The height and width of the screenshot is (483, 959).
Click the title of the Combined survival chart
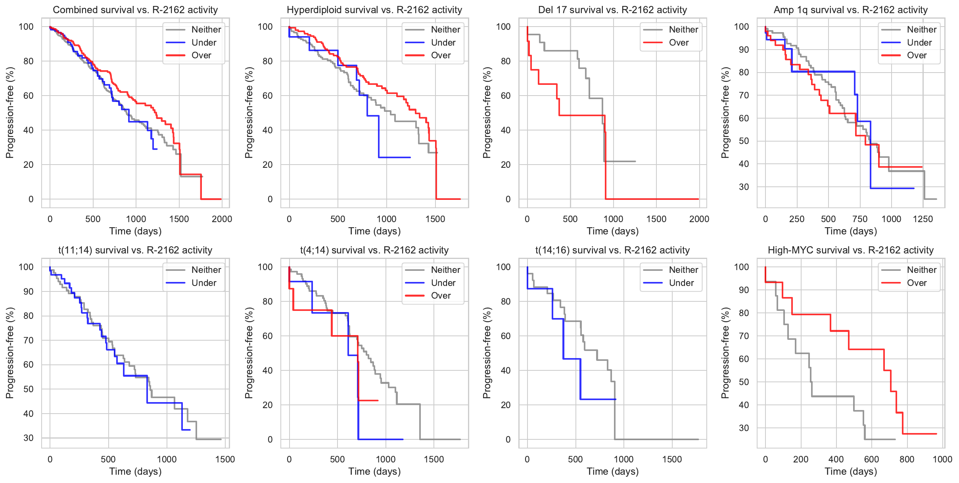point(135,10)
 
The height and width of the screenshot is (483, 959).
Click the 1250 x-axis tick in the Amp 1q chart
point(923,219)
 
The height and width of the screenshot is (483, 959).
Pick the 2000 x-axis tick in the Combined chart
point(222,219)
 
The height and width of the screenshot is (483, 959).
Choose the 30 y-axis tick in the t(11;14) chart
point(29,438)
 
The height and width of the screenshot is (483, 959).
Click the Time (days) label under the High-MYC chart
point(851,471)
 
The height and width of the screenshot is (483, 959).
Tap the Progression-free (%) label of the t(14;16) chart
point(487,353)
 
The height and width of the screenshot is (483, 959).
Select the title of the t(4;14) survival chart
point(374,250)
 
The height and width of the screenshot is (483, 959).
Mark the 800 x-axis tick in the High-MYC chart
point(907,459)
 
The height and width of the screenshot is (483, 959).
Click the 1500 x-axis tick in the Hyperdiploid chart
point(435,219)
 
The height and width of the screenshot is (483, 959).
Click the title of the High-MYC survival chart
point(851,250)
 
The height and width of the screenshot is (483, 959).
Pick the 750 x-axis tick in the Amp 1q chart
point(860,219)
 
